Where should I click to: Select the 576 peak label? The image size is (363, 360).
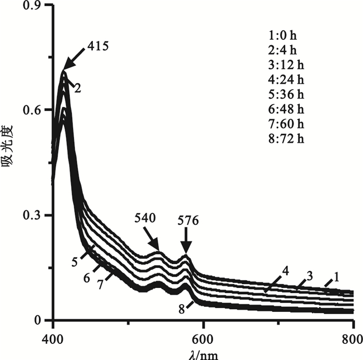[189, 221]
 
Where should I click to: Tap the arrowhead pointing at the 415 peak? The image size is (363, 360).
[66, 67]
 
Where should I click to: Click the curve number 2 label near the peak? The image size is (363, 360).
[77, 88]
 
